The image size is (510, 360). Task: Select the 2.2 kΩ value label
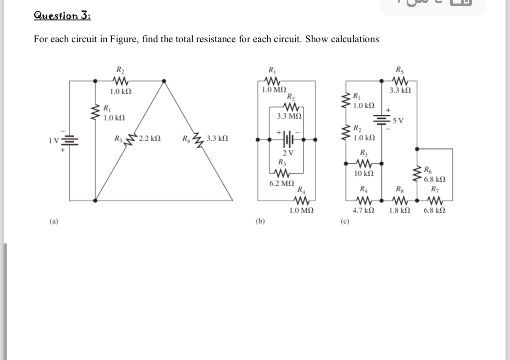pos(150,138)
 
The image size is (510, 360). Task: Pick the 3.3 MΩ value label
pos(289,116)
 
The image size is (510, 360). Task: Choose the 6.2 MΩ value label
pos(281,184)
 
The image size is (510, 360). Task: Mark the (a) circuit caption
pos(53,222)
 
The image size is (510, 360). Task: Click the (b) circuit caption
pos(260,222)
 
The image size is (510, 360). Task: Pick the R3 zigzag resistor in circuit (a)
pos(130,138)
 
